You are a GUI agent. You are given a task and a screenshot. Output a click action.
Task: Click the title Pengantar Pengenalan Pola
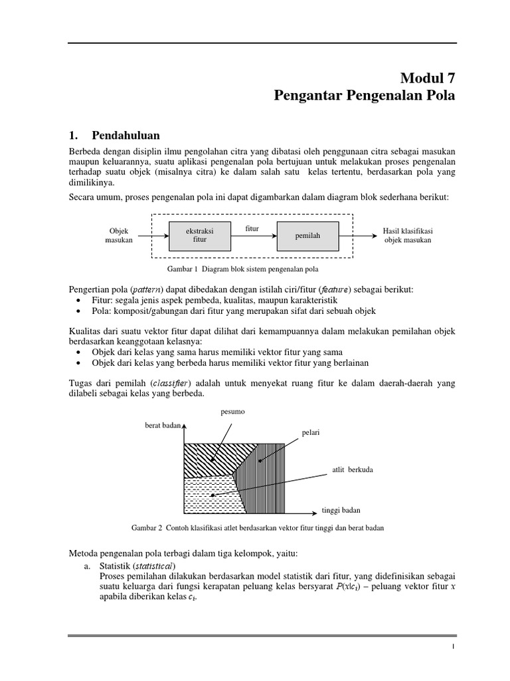click(365, 96)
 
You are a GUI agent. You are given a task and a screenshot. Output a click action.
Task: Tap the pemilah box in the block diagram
click(307, 235)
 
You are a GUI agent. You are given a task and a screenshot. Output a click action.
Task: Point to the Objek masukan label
click(118, 235)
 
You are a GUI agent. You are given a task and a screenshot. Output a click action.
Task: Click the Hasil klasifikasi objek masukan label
click(407, 235)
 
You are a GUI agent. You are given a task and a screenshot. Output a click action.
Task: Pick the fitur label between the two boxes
click(252, 228)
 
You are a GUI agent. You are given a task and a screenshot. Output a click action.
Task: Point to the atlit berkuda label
click(353, 470)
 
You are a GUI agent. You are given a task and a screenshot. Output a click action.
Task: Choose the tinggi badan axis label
click(341, 511)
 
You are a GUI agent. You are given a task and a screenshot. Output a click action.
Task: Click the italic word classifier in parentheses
click(171, 383)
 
